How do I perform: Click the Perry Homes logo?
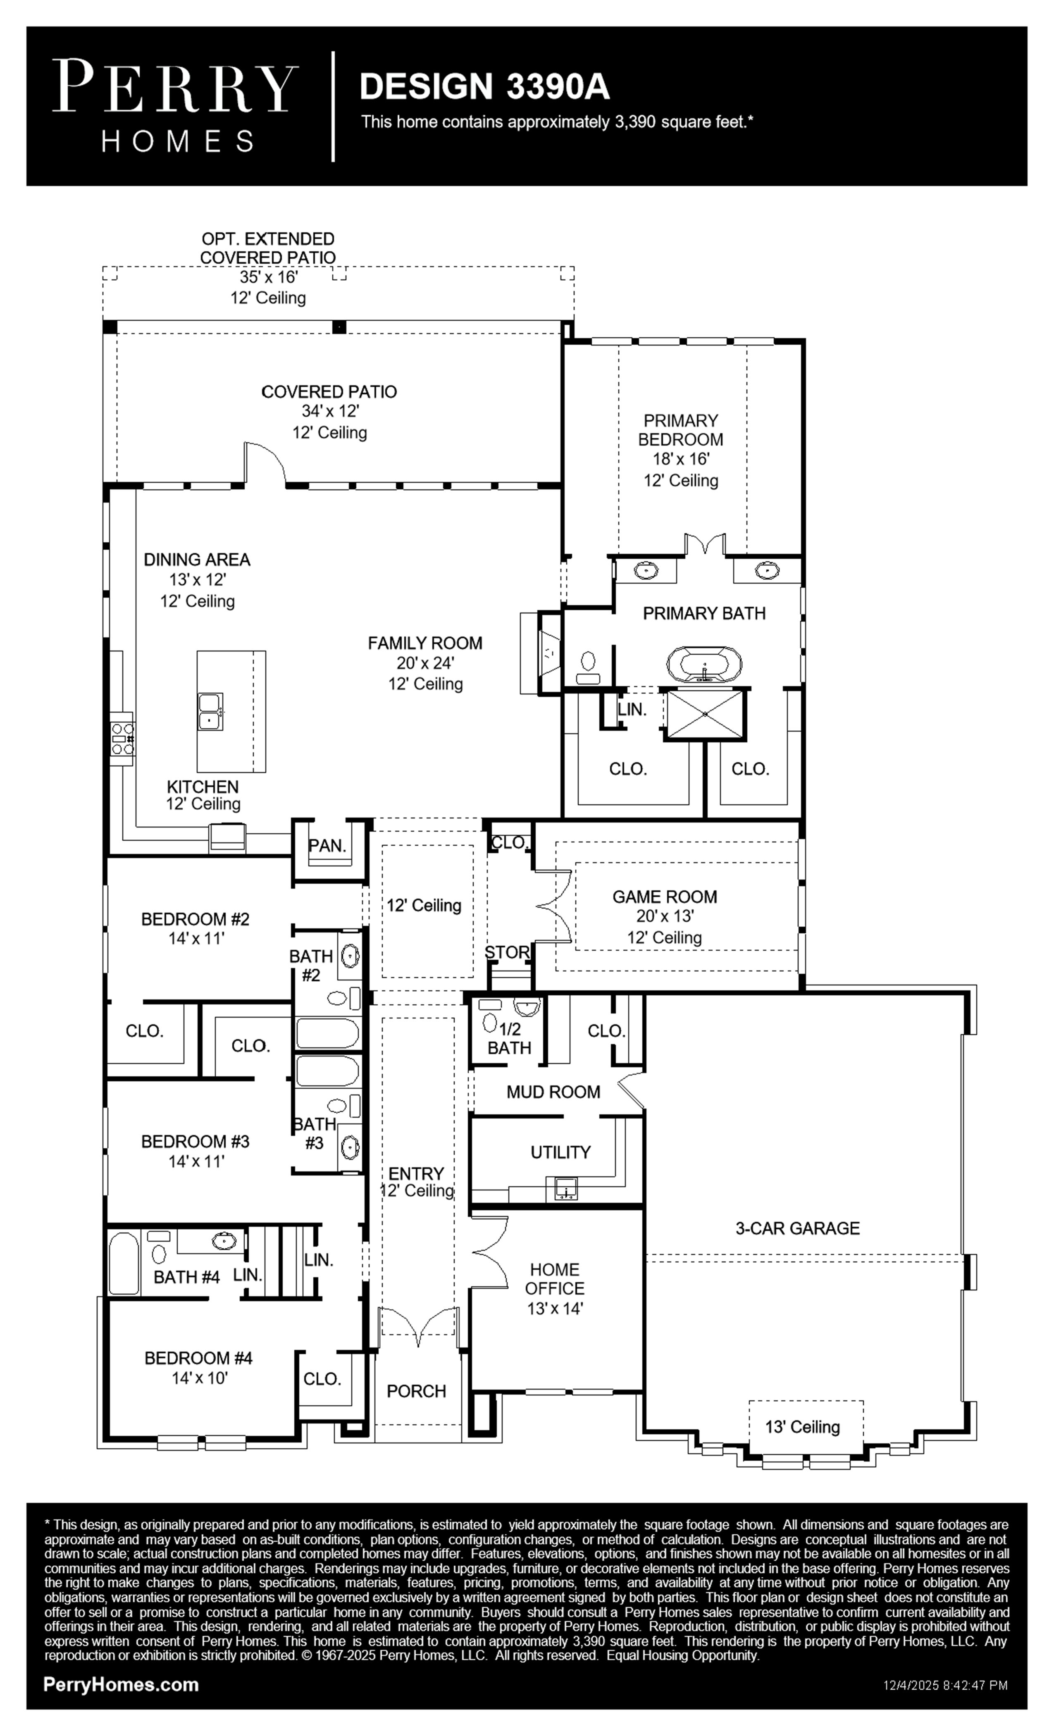(x=175, y=106)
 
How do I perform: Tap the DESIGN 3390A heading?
(x=485, y=87)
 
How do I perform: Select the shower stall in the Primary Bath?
(x=705, y=714)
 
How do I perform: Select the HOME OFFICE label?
(x=554, y=1279)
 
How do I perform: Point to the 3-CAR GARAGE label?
(x=798, y=1228)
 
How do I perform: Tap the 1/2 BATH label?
(x=509, y=1038)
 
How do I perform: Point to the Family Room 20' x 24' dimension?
(x=425, y=663)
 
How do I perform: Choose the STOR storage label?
(x=507, y=953)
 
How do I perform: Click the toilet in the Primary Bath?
(x=588, y=666)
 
